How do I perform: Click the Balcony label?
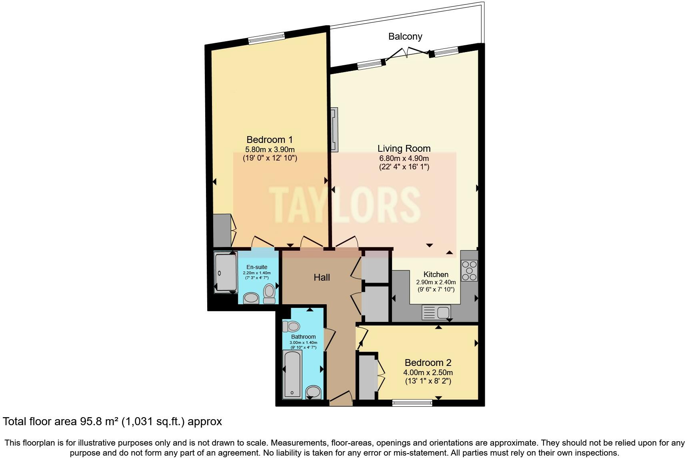(405, 36)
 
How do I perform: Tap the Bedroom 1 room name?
(269, 140)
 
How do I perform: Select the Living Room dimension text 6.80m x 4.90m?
(404, 158)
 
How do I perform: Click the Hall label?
(322, 277)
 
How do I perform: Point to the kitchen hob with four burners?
(469, 270)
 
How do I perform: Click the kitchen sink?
(436, 312)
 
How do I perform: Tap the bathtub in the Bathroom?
(292, 374)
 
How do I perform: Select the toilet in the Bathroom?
(291, 327)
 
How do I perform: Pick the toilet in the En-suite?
(270, 293)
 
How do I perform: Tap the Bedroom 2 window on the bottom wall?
(412, 403)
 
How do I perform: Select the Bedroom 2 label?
(428, 363)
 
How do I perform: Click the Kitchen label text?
(436, 275)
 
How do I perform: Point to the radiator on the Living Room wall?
(334, 129)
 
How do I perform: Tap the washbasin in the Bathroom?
(313, 392)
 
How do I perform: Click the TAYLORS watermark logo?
(344, 205)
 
